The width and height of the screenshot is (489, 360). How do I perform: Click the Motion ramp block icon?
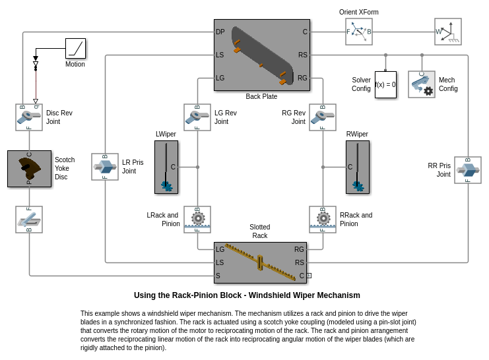pyautogui.click(x=75, y=48)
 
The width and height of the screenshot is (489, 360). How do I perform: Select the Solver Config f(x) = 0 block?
pyautogui.click(x=385, y=84)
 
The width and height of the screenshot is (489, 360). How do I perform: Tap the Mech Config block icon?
pyautogui.click(x=421, y=84)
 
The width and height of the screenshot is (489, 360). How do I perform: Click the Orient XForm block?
pyautogui.click(x=358, y=32)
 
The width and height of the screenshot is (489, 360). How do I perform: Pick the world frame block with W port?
pyautogui.click(x=447, y=32)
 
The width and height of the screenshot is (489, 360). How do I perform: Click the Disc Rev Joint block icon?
pyautogui.click(x=29, y=117)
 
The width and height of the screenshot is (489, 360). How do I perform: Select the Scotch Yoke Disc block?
pyautogui.click(x=29, y=169)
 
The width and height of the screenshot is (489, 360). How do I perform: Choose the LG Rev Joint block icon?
pyautogui.click(x=197, y=117)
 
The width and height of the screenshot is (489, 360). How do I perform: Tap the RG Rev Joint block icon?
pyautogui.click(x=323, y=117)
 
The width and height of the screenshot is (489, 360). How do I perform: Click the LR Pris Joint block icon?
pyautogui.click(x=105, y=167)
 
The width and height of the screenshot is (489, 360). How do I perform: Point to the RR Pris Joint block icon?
pyautogui.click(x=468, y=170)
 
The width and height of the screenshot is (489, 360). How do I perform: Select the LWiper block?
pyautogui.click(x=166, y=167)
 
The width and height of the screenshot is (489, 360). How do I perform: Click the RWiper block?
pyautogui.click(x=358, y=167)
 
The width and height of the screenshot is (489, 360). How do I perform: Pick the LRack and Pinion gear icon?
pyautogui.click(x=197, y=220)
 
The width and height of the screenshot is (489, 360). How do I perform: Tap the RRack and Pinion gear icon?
pyautogui.click(x=323, y=220)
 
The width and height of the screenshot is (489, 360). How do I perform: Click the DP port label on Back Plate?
pyautogui.click(x=220, y=32)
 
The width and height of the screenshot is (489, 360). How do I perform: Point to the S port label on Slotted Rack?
pyautogui.click(x=218, y=276)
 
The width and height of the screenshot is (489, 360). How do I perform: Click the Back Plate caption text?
pyautogui.click(x=261, y=96)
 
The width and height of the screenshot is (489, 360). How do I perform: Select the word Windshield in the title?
pyautogui.click(x=271, y=295)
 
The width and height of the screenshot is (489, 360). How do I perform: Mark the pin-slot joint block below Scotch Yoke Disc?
pyautogui.click(x=29, y=220)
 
